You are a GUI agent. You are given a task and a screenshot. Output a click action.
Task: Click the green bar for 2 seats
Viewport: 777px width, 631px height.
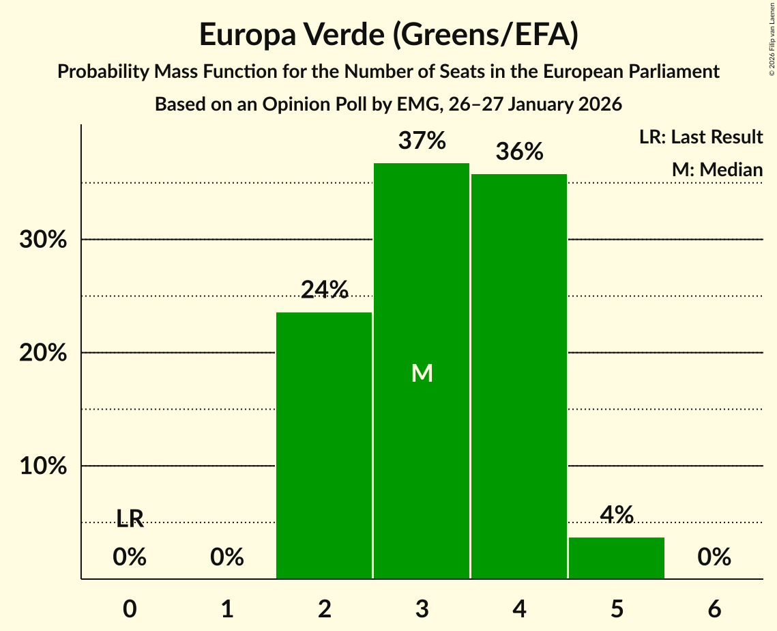[x=324, y=445]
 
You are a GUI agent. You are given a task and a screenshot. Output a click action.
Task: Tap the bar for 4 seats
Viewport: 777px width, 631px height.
[x=519, y=376]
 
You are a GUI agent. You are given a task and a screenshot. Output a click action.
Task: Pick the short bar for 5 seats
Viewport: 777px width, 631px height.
[x=617, y=558]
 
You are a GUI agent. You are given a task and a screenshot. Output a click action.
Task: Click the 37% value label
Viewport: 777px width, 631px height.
[x=422, y=141]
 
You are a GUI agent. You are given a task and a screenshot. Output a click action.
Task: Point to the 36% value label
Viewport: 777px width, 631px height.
[x=519, y=152]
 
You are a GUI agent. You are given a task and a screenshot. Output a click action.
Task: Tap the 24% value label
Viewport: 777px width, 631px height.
[x=324, y=290]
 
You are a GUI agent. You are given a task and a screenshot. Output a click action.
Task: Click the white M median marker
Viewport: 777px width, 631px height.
[x=422, y=373]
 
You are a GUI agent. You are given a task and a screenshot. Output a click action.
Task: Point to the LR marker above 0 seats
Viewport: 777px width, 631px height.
[x=130, y=519]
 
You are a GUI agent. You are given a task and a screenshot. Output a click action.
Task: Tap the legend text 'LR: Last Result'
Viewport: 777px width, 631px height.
[x=701, y=137]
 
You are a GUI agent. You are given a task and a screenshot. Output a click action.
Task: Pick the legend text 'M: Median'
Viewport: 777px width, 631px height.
[x=717, y=169]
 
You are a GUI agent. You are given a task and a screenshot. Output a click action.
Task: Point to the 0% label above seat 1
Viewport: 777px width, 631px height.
[x=227, y=557]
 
